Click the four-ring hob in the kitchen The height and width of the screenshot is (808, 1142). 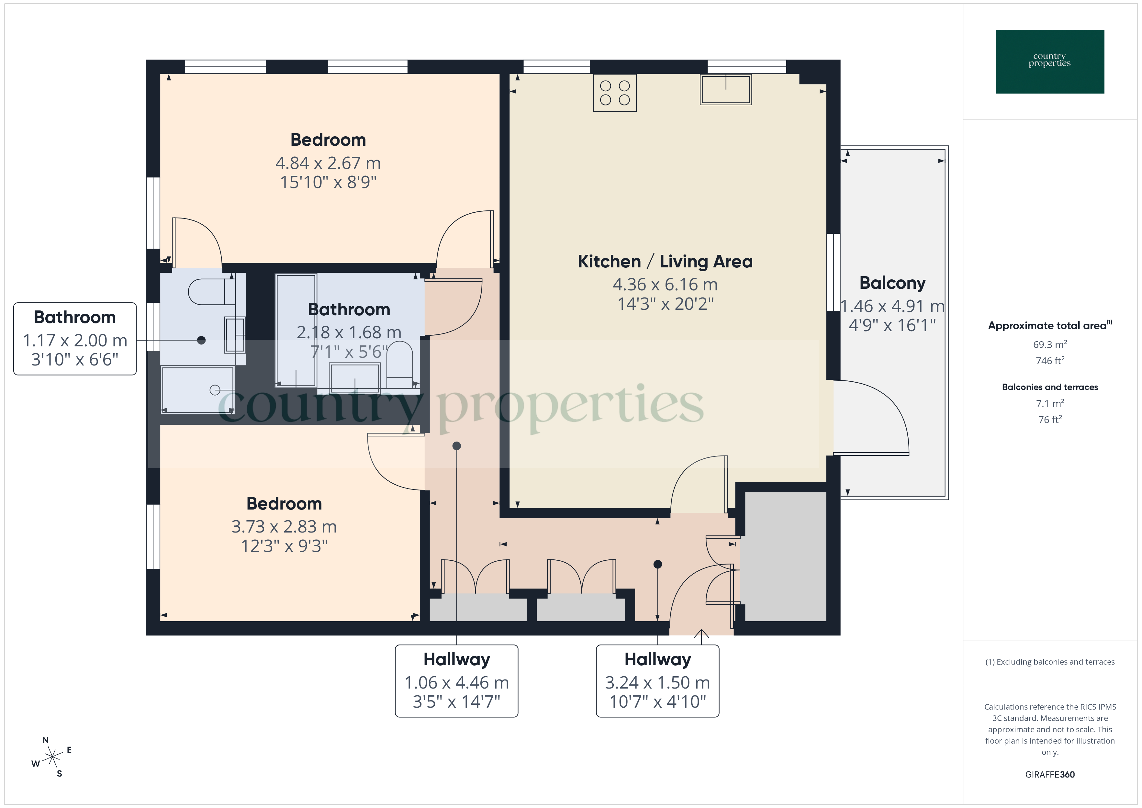pyautogui.click(x=615, y=93)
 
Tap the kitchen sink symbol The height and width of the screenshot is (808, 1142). pyautogui.click(x=726, y=90)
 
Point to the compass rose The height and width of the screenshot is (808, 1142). pyautogui.click(x=52, y=757)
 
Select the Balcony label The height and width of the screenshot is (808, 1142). pyautogui.click(x=892, y=283)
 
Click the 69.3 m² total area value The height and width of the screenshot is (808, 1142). pyautogui.click(x=1049, y=344)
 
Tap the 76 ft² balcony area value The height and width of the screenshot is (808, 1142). pyautogui.click(x=1049, y=420)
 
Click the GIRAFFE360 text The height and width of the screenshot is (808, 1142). pyautogui.click(x=1049, y=774)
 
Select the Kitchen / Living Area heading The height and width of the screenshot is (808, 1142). pyautogui.click(x=665, y=262)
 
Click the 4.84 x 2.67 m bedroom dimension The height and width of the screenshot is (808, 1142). pyautogui.click(x=328, y=163)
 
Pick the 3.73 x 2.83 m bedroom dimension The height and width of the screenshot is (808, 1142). pyautogui.click(x=284, y=526)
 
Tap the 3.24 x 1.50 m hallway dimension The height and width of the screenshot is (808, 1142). pyautogui.click(x=657, y=683)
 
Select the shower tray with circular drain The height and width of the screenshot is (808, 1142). pyautogui.click(x=197, y=389)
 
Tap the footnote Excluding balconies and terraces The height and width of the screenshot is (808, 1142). pyautogui.click(x=1049, y=662)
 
